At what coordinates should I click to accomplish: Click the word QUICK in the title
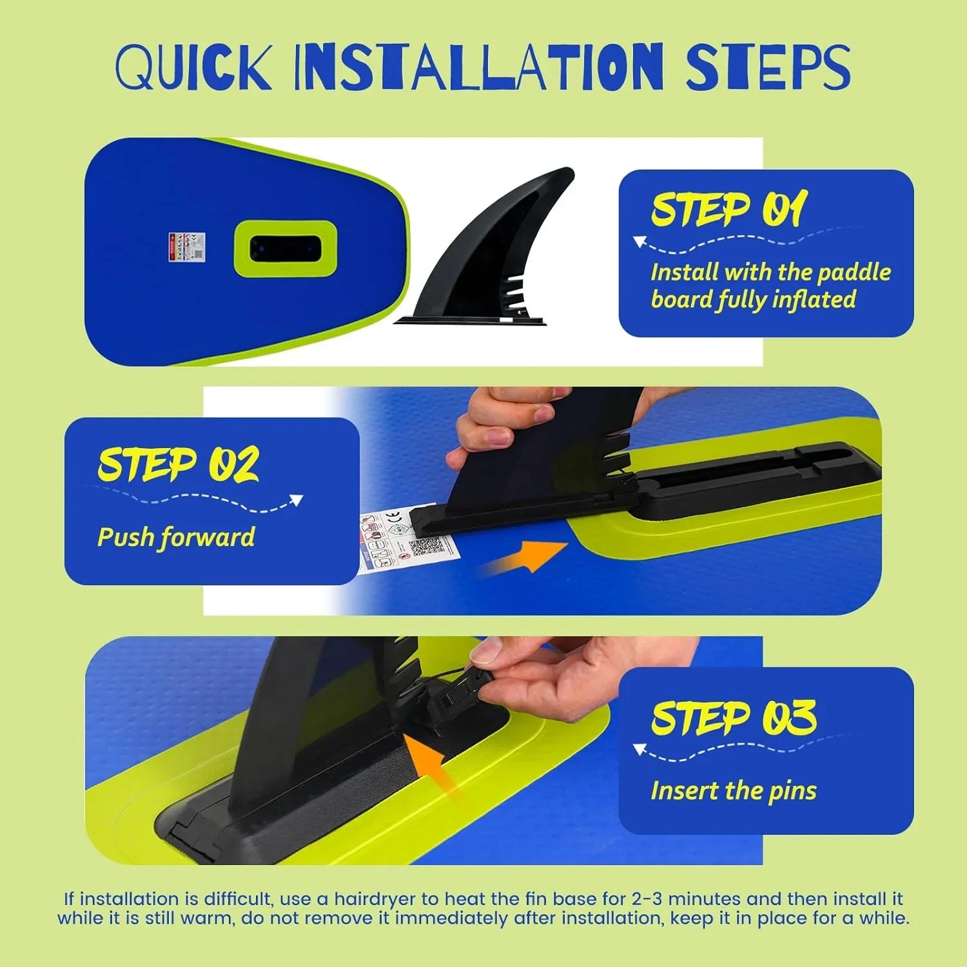(x=193, y=67)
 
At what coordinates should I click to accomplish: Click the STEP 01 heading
(x=728, y=209)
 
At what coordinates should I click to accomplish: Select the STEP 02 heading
(x=178, y=464)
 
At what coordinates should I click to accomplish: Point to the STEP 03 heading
(x=734, y=717)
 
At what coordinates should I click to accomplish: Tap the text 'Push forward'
(x=176, y=537)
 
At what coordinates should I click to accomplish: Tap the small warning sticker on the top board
(x=187, y=247)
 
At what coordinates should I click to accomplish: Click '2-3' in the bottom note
(x=647, y=899)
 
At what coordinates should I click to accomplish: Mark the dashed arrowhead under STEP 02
(x=297, y=500)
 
